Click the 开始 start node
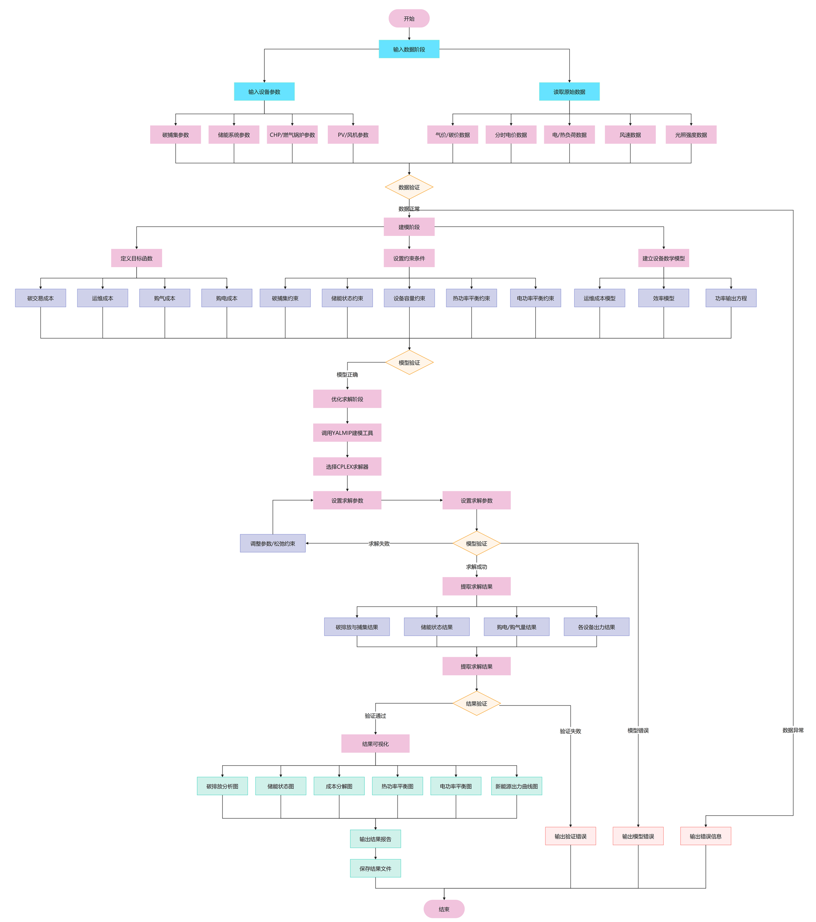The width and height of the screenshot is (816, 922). coord(409,18)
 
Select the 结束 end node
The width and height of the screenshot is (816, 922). coord(444,909)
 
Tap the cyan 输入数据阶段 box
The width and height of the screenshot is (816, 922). coord(409,49)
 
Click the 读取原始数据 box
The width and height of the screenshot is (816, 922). coord(569,91)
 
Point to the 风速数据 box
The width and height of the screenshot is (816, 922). coord(630,134)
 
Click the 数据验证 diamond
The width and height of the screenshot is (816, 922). coord(409,187)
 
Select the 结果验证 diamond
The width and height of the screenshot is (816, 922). coord(476,703)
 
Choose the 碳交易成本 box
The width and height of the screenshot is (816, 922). coord(41,298)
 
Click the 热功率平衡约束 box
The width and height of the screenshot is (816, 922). coord(471,298)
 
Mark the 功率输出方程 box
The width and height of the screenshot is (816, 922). coord(731,298)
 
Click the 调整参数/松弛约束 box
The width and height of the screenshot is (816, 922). coord(273,543)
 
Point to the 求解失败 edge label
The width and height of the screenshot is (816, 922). coord(379,543)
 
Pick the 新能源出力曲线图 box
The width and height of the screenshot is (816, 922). coord(516,786)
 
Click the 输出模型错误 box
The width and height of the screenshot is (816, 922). coord(638,836)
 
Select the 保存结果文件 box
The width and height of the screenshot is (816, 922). coord(375,868)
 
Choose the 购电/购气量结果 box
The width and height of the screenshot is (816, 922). coord(516,627)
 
